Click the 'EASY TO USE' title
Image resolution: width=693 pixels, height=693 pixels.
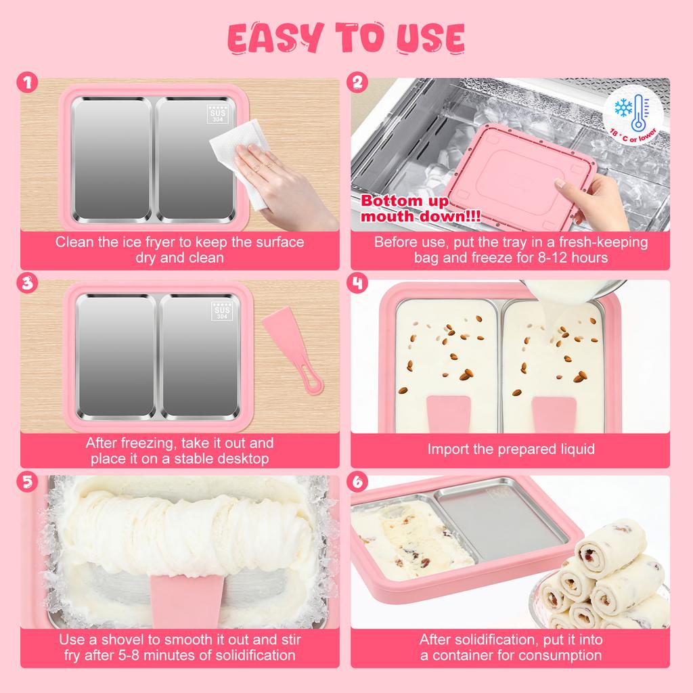pyautogui.click(x=346, y=39)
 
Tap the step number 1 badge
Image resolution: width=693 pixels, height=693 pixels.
pyautogui.click(x=27, y=84)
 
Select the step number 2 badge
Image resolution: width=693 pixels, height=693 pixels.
pyautogui.click(x=358, y=84)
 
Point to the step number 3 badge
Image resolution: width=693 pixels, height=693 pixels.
pyautogui.click(x=27, y=283)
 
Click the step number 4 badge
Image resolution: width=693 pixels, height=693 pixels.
pyautogui.click(x=358, y=283)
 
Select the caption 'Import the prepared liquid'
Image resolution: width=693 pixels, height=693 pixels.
pyautogui.click(x=511, y=449)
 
